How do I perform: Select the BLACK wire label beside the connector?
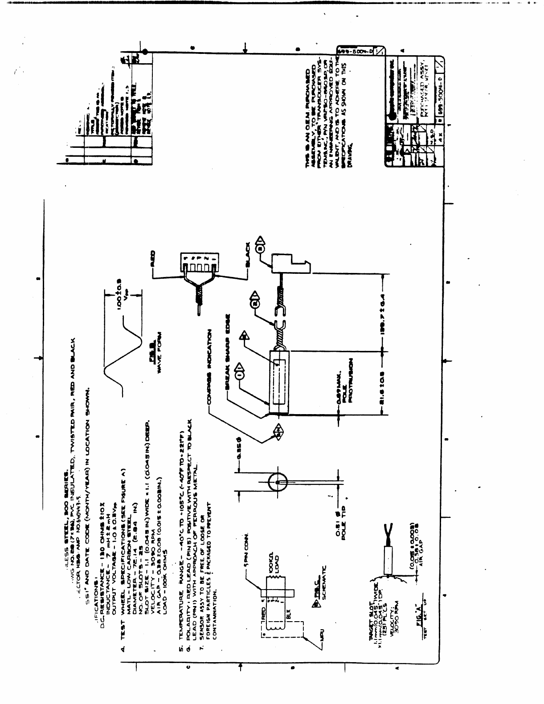(248, 256)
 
